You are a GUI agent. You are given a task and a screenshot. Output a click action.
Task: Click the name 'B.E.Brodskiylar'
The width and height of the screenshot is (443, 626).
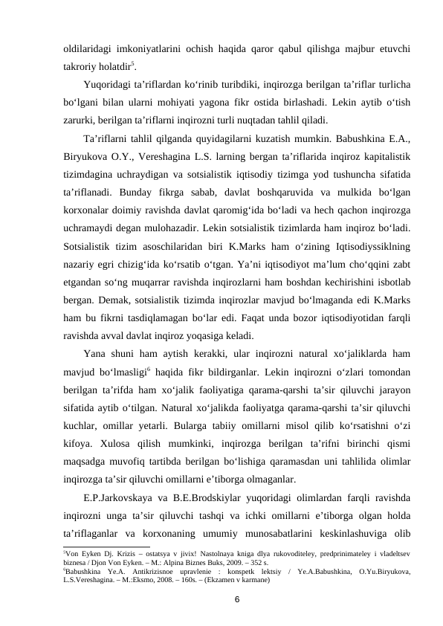click(x=214, y=494)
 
